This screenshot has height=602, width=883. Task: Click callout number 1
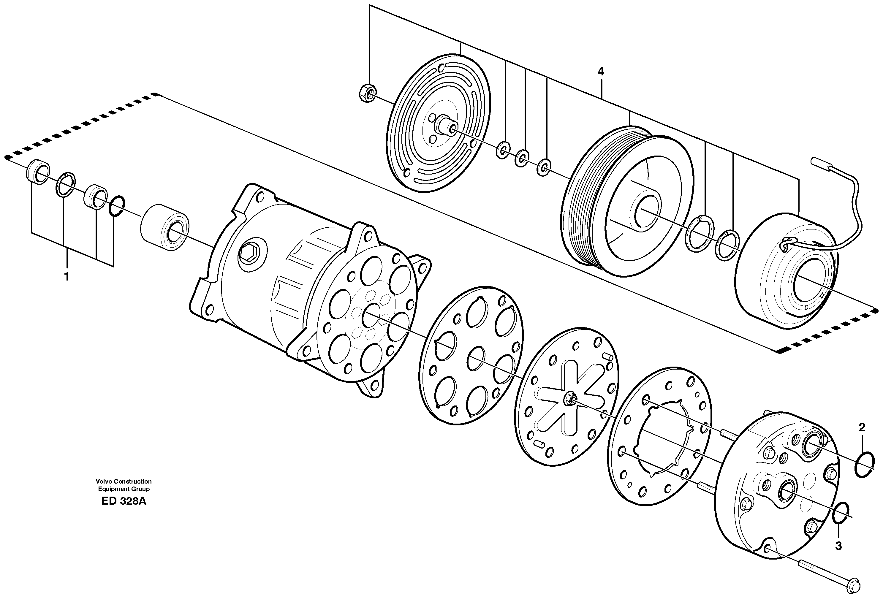[x=67, y=277]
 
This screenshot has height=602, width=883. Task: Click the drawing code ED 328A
[x=124, y=501]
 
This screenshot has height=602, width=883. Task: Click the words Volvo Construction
[x=124, y=481]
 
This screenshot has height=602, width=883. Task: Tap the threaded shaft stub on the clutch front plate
[x=445, y=125]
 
